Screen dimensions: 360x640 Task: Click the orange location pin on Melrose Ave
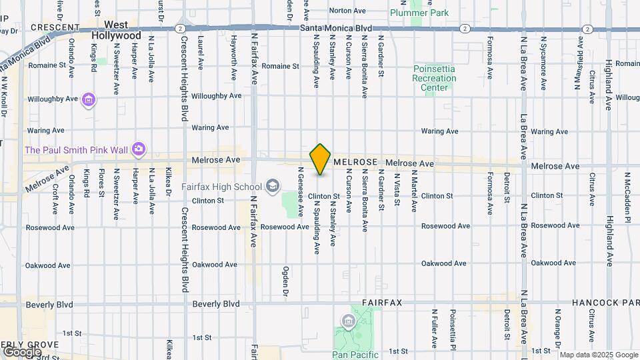(321, 159)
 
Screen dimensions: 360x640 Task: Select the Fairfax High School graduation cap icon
(272, 185)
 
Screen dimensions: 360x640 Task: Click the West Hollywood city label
(117, 30)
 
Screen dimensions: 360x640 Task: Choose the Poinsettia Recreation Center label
(434, 78)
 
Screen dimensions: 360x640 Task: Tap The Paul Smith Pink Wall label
(76, 149)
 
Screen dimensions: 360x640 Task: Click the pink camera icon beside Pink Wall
(138, 149)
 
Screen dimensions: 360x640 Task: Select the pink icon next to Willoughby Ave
(89, 100)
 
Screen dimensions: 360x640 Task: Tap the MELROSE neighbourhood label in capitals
(355, 162)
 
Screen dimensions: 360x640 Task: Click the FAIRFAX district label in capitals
(382, 303)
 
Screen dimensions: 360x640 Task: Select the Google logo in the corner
(22, 351)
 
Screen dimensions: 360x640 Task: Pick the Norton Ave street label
(348, 11)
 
